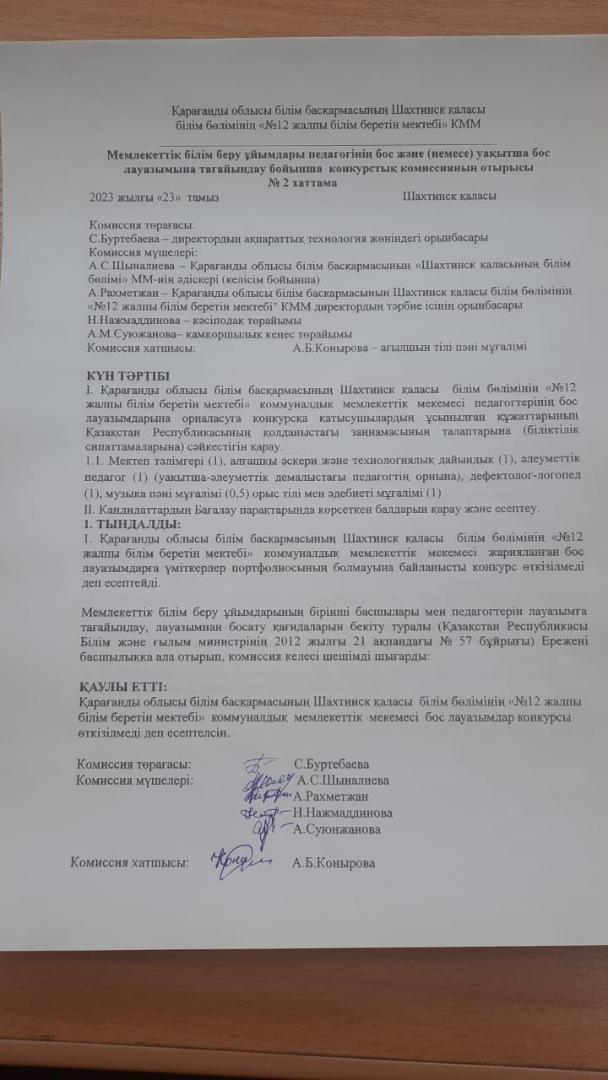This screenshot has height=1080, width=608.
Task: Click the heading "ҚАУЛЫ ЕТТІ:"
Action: (122, 685)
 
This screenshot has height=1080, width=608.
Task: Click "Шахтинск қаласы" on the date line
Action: (449, 197)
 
